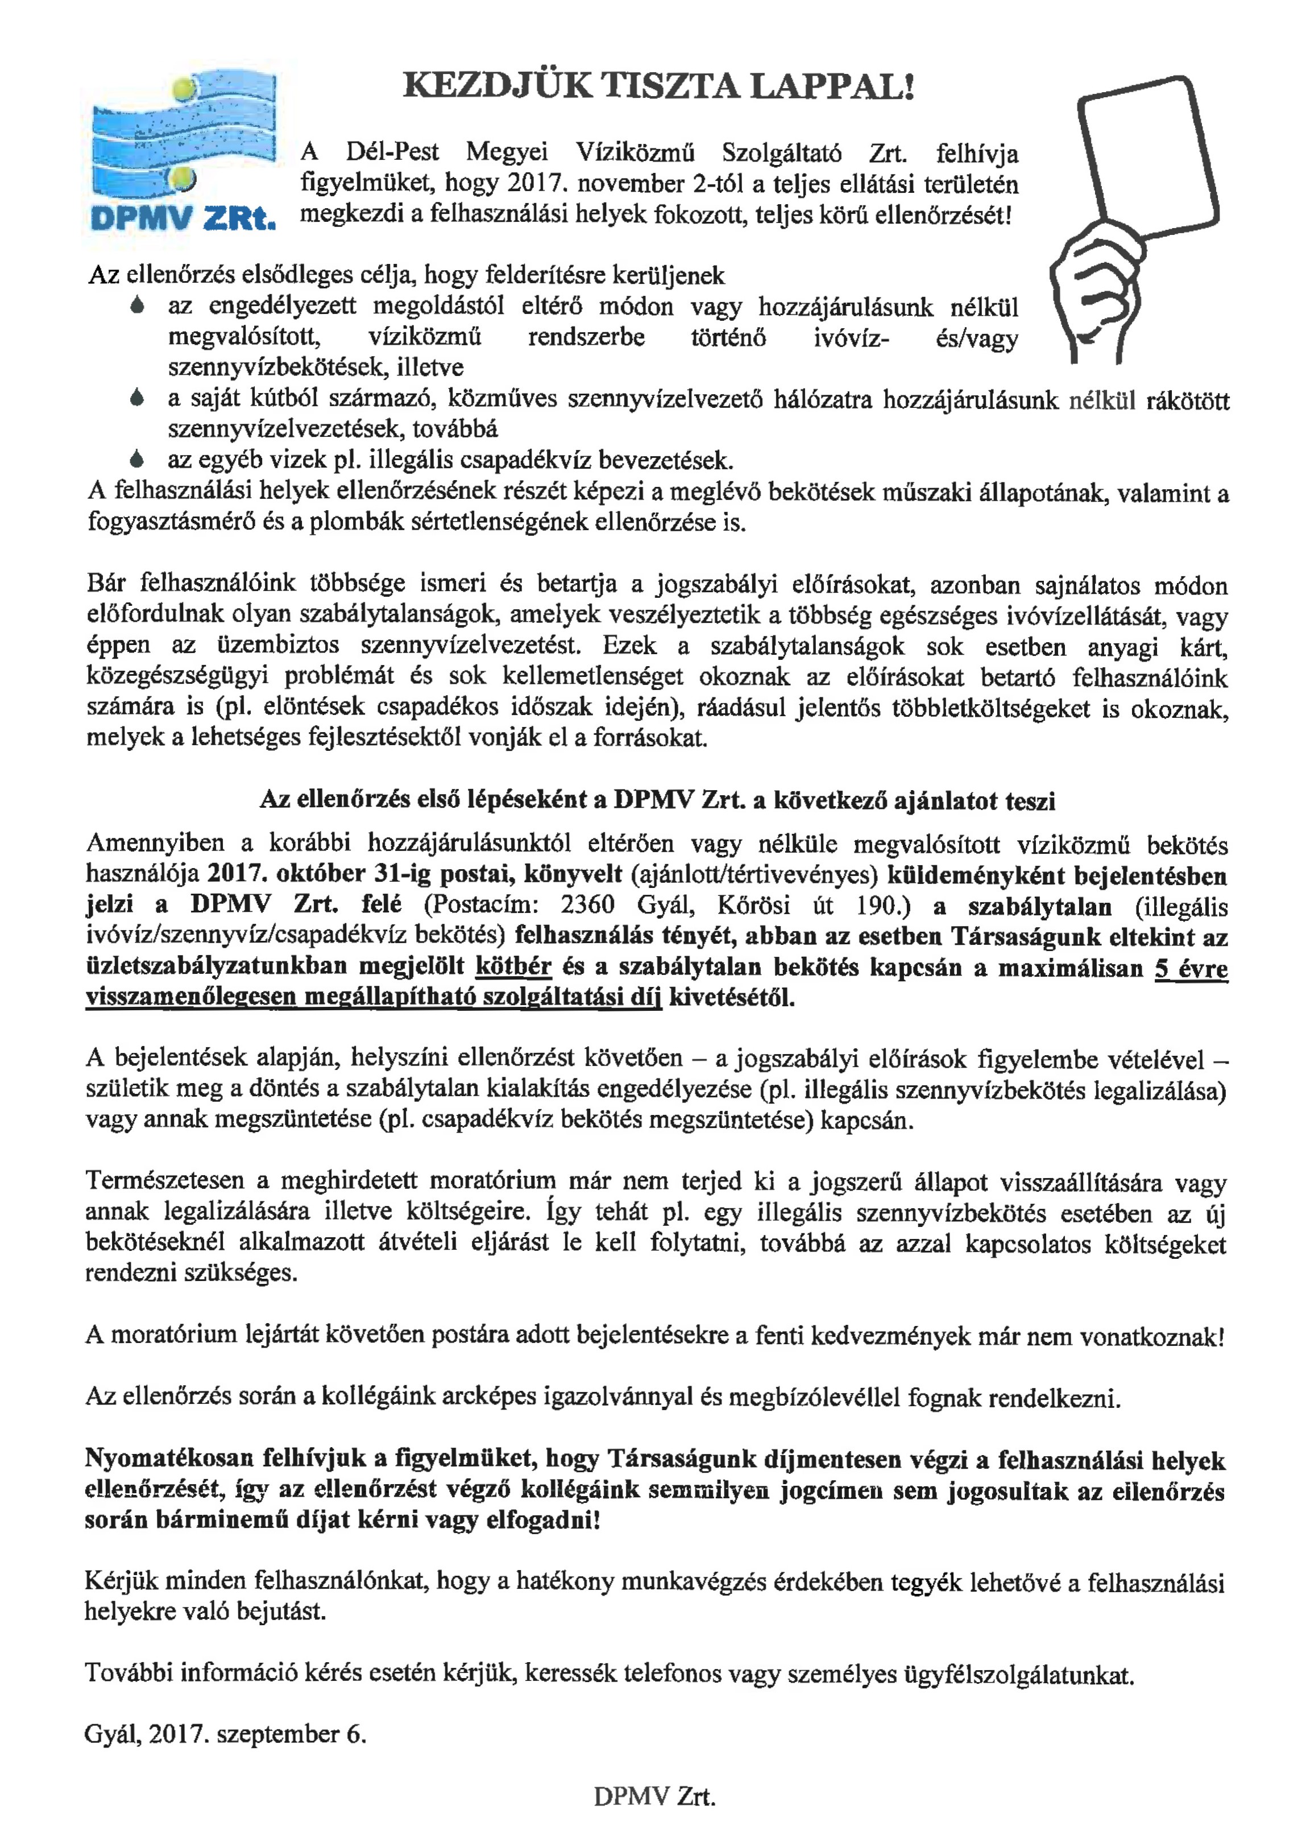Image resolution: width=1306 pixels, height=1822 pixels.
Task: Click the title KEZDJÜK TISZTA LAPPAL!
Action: tap(658, 86)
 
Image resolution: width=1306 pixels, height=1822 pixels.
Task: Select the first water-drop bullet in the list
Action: tap(138, 306)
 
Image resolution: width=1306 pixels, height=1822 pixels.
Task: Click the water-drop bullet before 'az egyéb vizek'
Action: tap(138, 460)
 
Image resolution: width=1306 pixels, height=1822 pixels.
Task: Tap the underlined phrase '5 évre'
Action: tap(1191, 968)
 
